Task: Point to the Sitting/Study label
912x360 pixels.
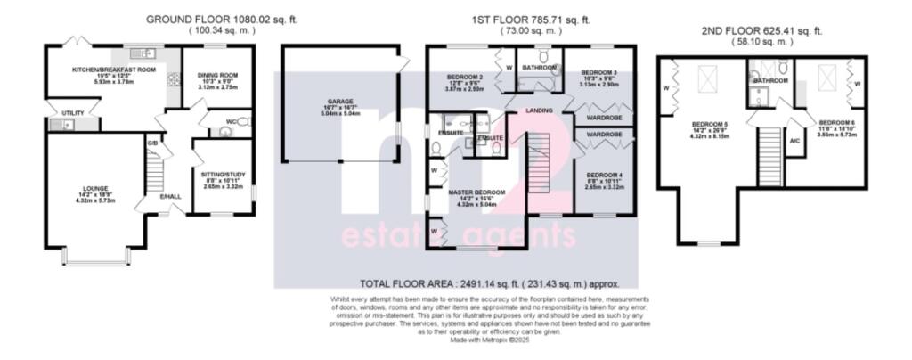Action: tap(223, 176)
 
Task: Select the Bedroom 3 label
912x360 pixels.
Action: tap(598, 72)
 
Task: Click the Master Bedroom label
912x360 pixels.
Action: tap(477, 192)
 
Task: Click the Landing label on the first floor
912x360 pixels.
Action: tap(541, 110)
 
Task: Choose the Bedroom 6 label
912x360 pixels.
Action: tap(837, 122)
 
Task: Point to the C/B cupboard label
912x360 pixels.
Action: tap(152, 142)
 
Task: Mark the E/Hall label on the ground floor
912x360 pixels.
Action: tap(169, 197)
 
